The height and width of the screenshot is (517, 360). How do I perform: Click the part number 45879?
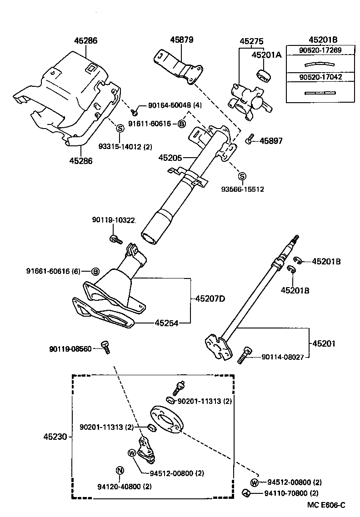tap(182, 40)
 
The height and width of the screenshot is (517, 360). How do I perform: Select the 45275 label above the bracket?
tap(252, 41)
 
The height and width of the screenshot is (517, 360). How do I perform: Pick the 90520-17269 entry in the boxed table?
tap(320, 50)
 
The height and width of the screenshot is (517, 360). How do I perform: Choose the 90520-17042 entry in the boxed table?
tap(320, 77)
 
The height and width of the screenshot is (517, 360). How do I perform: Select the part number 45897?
tap(271, 141)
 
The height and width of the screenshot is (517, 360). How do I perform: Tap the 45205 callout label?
tap(170, 158)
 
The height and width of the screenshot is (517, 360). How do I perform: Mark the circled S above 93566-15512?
tap(242, 176)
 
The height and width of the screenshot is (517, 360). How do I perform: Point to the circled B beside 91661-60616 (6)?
tap(95, 272)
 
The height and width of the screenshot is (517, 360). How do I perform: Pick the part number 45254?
tap(166, 323)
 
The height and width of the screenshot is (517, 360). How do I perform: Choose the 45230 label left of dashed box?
tap(55, 437)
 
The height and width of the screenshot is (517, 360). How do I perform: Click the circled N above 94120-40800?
tap(120, 470)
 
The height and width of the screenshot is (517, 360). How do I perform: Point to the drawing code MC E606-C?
tap(326, 505)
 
